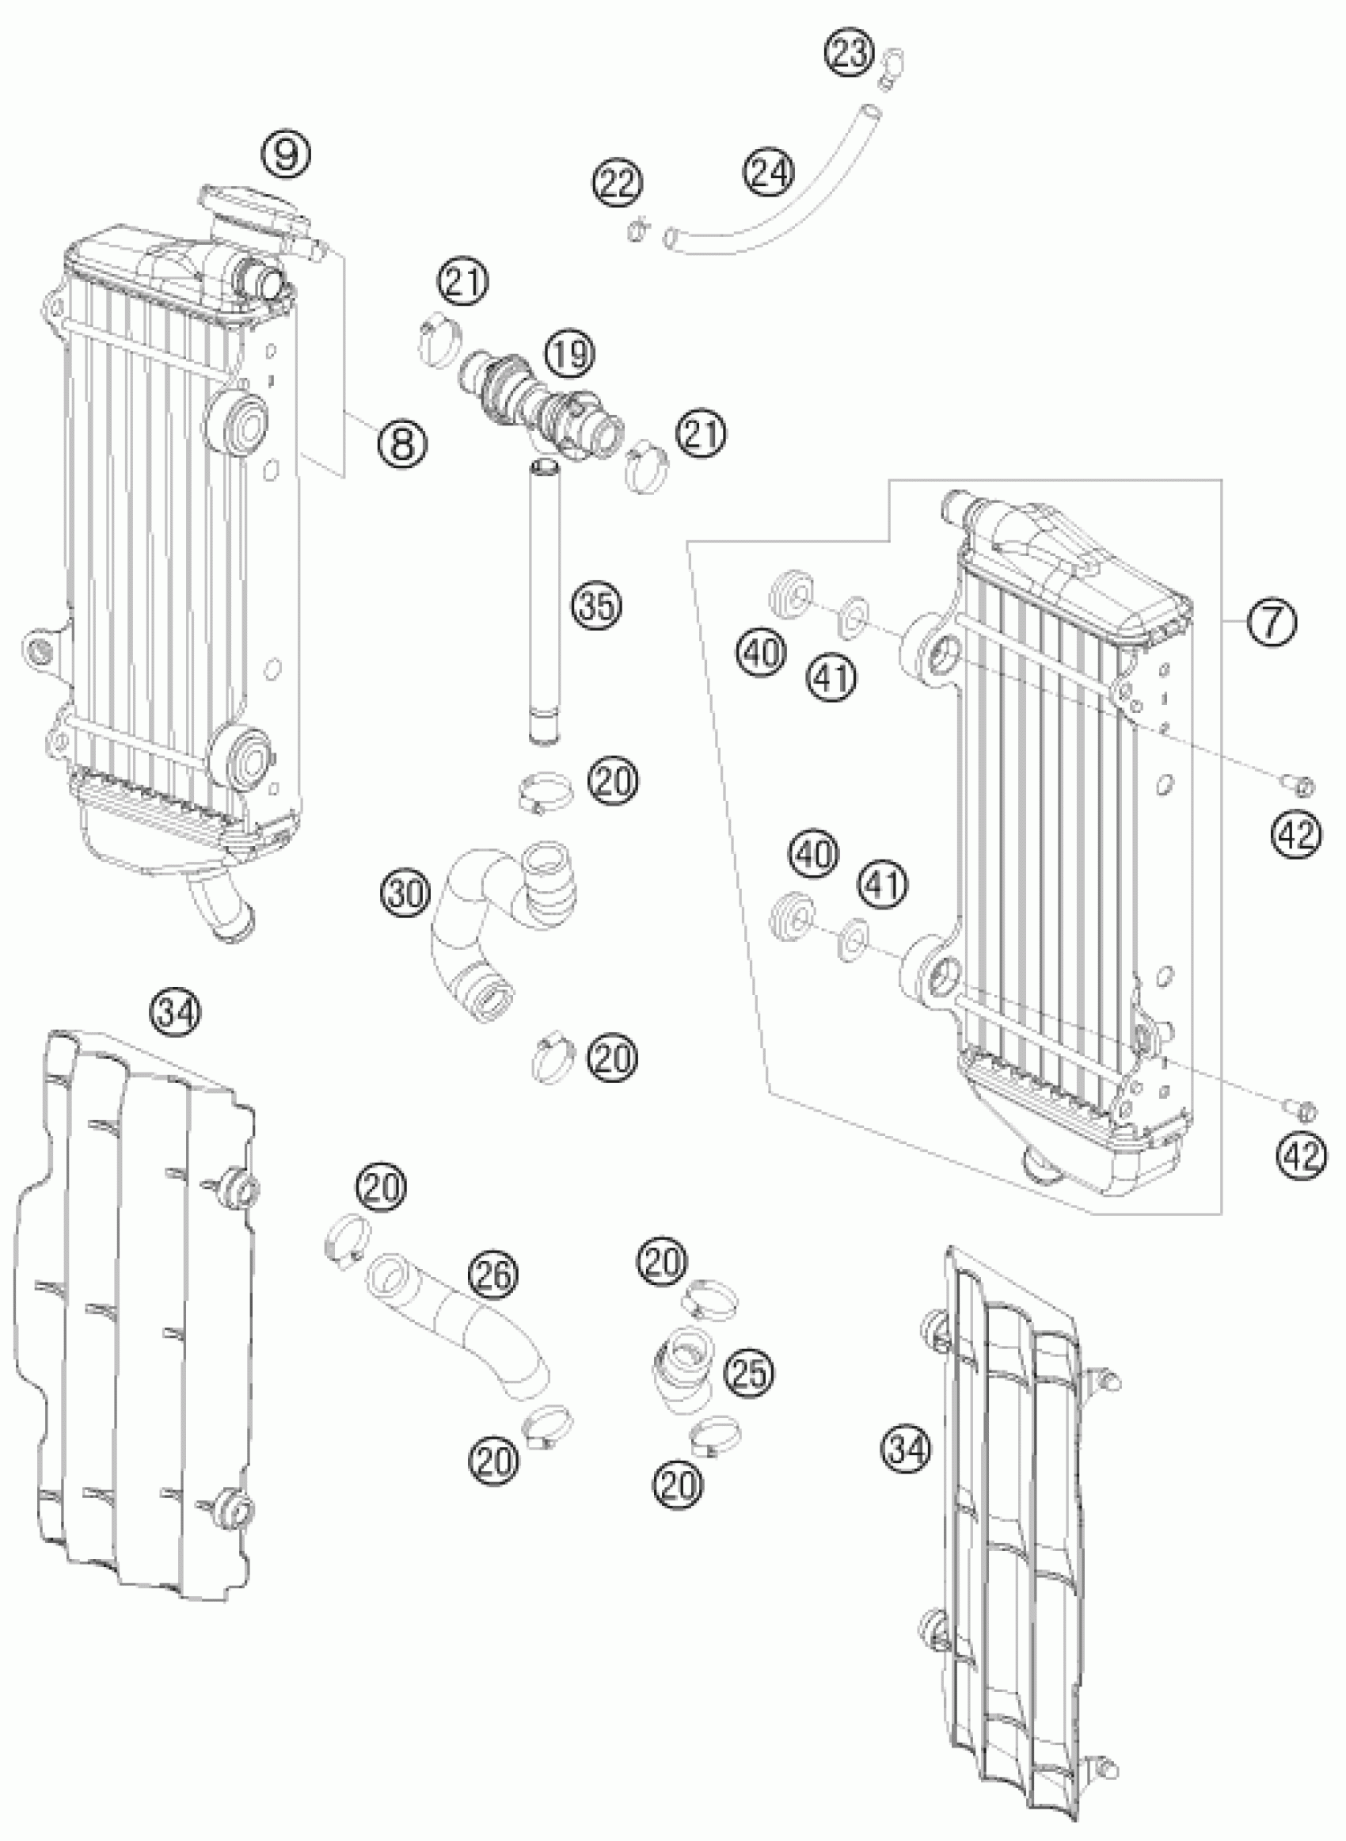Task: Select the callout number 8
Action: pyautogui.click(x=402, y=444)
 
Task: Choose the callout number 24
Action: pyautogui.click(x=767, y=173)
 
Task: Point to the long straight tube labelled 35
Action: pyautogui.click(x=542, y=603)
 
